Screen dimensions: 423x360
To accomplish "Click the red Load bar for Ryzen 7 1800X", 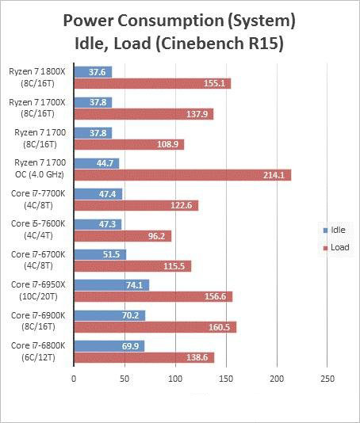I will tap(151, 83).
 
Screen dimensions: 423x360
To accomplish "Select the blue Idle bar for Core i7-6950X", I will tap(111, 285).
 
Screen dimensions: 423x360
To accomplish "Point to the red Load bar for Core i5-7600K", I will tap(122, 235).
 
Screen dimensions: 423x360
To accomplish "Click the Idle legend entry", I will tap(335, 230).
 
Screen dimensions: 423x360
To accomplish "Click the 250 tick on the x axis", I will tap(327, 379).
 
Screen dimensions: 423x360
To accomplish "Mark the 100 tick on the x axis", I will tap(174, 379).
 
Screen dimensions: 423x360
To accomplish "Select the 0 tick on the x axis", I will tap(74, 379).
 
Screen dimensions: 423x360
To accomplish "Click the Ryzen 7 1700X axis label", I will tap(38, 107).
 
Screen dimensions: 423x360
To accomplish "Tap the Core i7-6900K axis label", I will tap(38, 320).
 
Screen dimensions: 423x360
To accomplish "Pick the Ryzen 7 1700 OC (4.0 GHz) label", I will tap(38, 168).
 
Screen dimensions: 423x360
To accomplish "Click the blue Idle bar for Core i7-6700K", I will tap(99, 254).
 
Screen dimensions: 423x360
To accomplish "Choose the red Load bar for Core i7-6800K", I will tap(143, 358).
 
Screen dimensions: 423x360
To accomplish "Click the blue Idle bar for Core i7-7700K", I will tap(98, 193).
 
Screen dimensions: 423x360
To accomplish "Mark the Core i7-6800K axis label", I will tap(38, 351).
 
